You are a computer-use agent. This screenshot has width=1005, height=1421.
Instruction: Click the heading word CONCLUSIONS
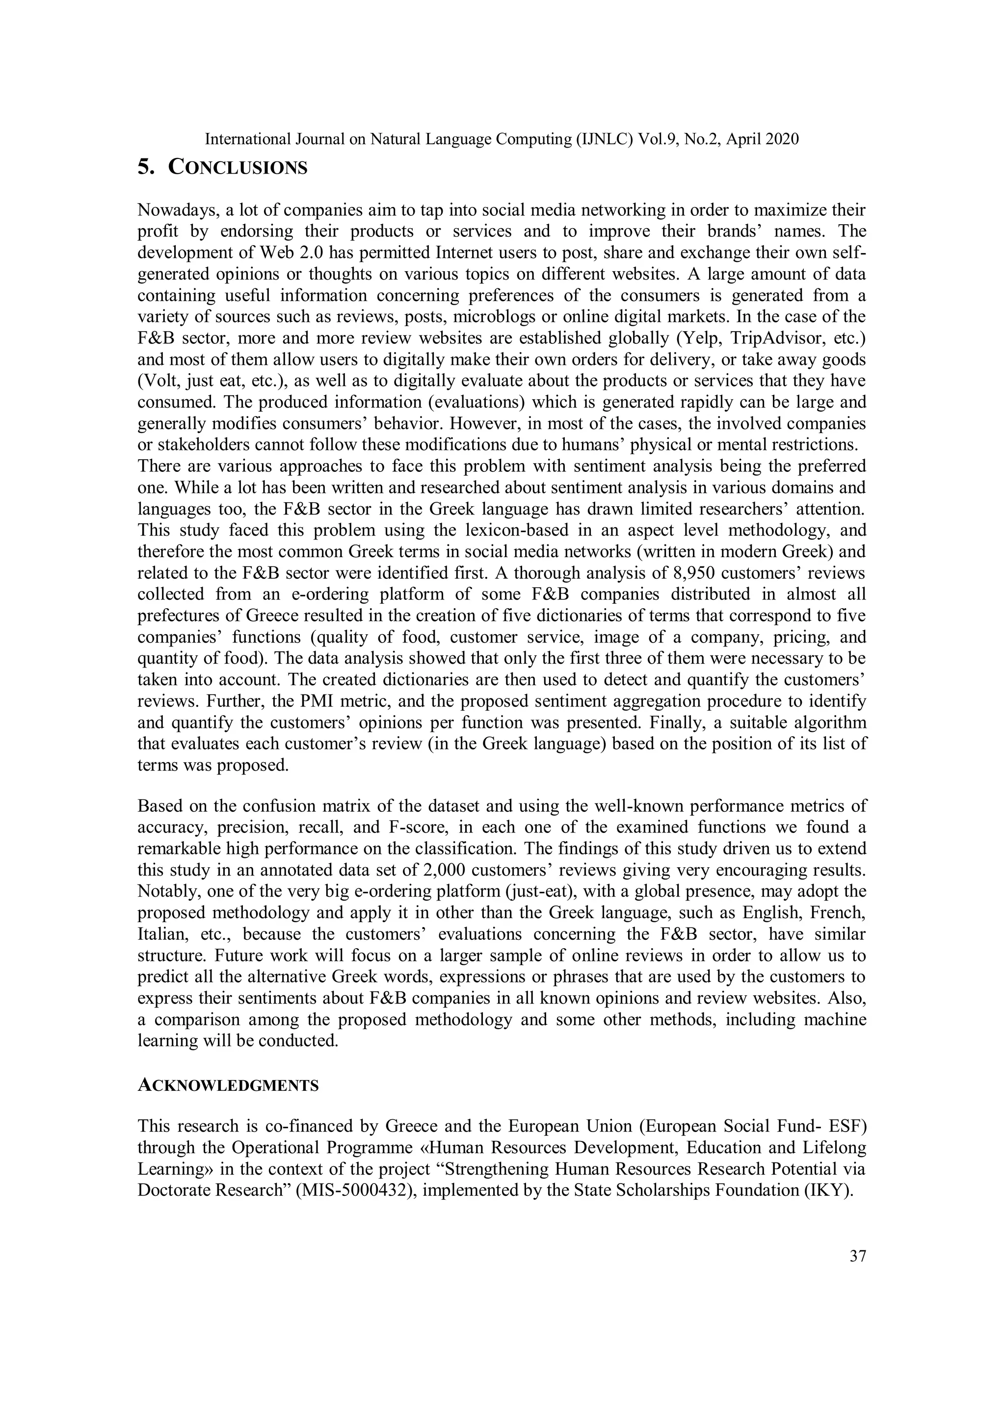(x=238, y=168)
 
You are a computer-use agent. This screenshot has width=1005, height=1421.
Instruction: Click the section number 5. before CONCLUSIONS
(x=146, y=168)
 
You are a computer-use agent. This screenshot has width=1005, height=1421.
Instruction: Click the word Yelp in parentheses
(x=702, y=338)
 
